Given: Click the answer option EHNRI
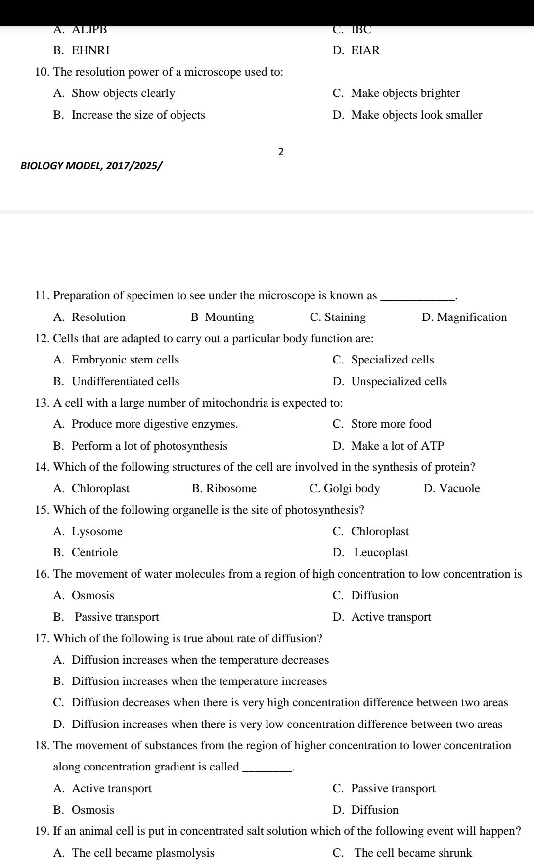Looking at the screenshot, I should tap(90, 51).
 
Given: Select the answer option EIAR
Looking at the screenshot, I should tap(365, 51).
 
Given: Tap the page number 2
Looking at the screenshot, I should tap(281, 152).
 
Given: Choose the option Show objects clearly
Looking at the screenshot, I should tap(123, 93).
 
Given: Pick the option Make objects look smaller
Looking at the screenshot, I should tap(416, 115).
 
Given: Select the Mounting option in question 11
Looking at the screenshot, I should tap(229, 317).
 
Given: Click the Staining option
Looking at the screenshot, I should tap(345, 317).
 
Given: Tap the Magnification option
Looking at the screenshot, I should tap(472, 317).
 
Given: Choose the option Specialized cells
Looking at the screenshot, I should tap(392, 360).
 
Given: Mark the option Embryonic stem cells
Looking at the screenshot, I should tap(125, 360).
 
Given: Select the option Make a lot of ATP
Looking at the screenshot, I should tap(398, 446).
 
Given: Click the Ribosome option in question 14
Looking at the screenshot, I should tap(231, 489).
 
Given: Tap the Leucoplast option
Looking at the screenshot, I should tap(381, 553).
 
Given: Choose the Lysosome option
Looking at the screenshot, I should tap(97, 532).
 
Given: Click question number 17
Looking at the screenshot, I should tap(43, 639).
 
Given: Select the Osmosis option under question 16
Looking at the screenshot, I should tap(93, 596).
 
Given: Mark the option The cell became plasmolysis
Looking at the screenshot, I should tap(143, 853).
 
